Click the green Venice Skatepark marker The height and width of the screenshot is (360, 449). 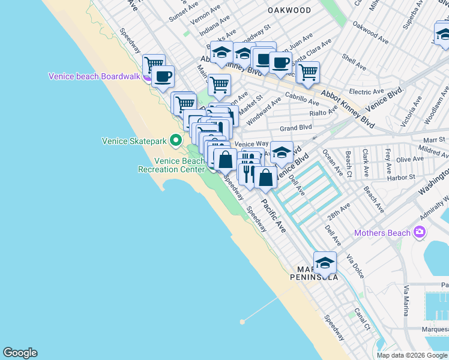176,141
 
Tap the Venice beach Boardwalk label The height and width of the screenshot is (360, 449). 94,76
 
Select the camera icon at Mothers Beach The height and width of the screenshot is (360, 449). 420,233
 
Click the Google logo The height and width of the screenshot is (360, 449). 20,353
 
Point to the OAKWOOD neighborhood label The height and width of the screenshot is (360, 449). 289,10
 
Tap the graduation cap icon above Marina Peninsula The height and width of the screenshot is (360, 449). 325,262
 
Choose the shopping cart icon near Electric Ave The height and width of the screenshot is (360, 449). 308,72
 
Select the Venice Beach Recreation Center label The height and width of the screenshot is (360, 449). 172,165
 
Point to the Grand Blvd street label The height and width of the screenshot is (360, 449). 296,128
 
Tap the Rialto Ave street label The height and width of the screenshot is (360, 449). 324,112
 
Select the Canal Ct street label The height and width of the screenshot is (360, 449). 362,320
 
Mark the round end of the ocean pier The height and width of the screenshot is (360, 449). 243,322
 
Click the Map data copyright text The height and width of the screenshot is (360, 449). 412,355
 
